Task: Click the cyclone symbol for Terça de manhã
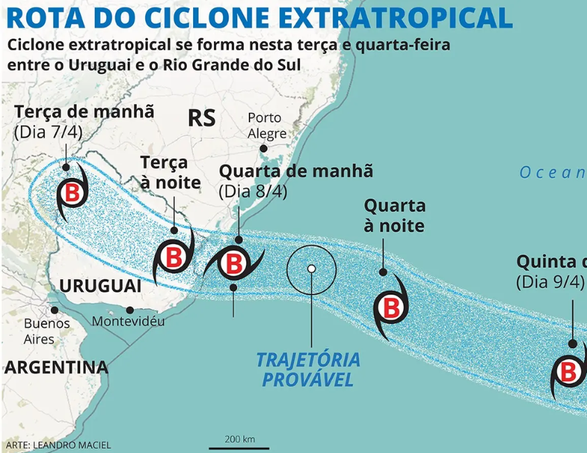coord(71,193)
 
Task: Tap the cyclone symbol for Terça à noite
coord(174,257)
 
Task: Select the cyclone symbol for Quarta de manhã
coord(233,265)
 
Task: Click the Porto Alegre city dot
coord(264,148)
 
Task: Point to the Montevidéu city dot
coord(130,310)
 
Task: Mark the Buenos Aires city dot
coord(54,310)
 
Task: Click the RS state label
coord(201,118)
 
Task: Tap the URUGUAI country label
coord(100,286)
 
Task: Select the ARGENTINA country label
coord(56,367)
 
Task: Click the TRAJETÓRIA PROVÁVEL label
coord(308,370)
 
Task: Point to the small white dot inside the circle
coord(312,268)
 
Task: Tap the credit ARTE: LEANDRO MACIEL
coord(58,445)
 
